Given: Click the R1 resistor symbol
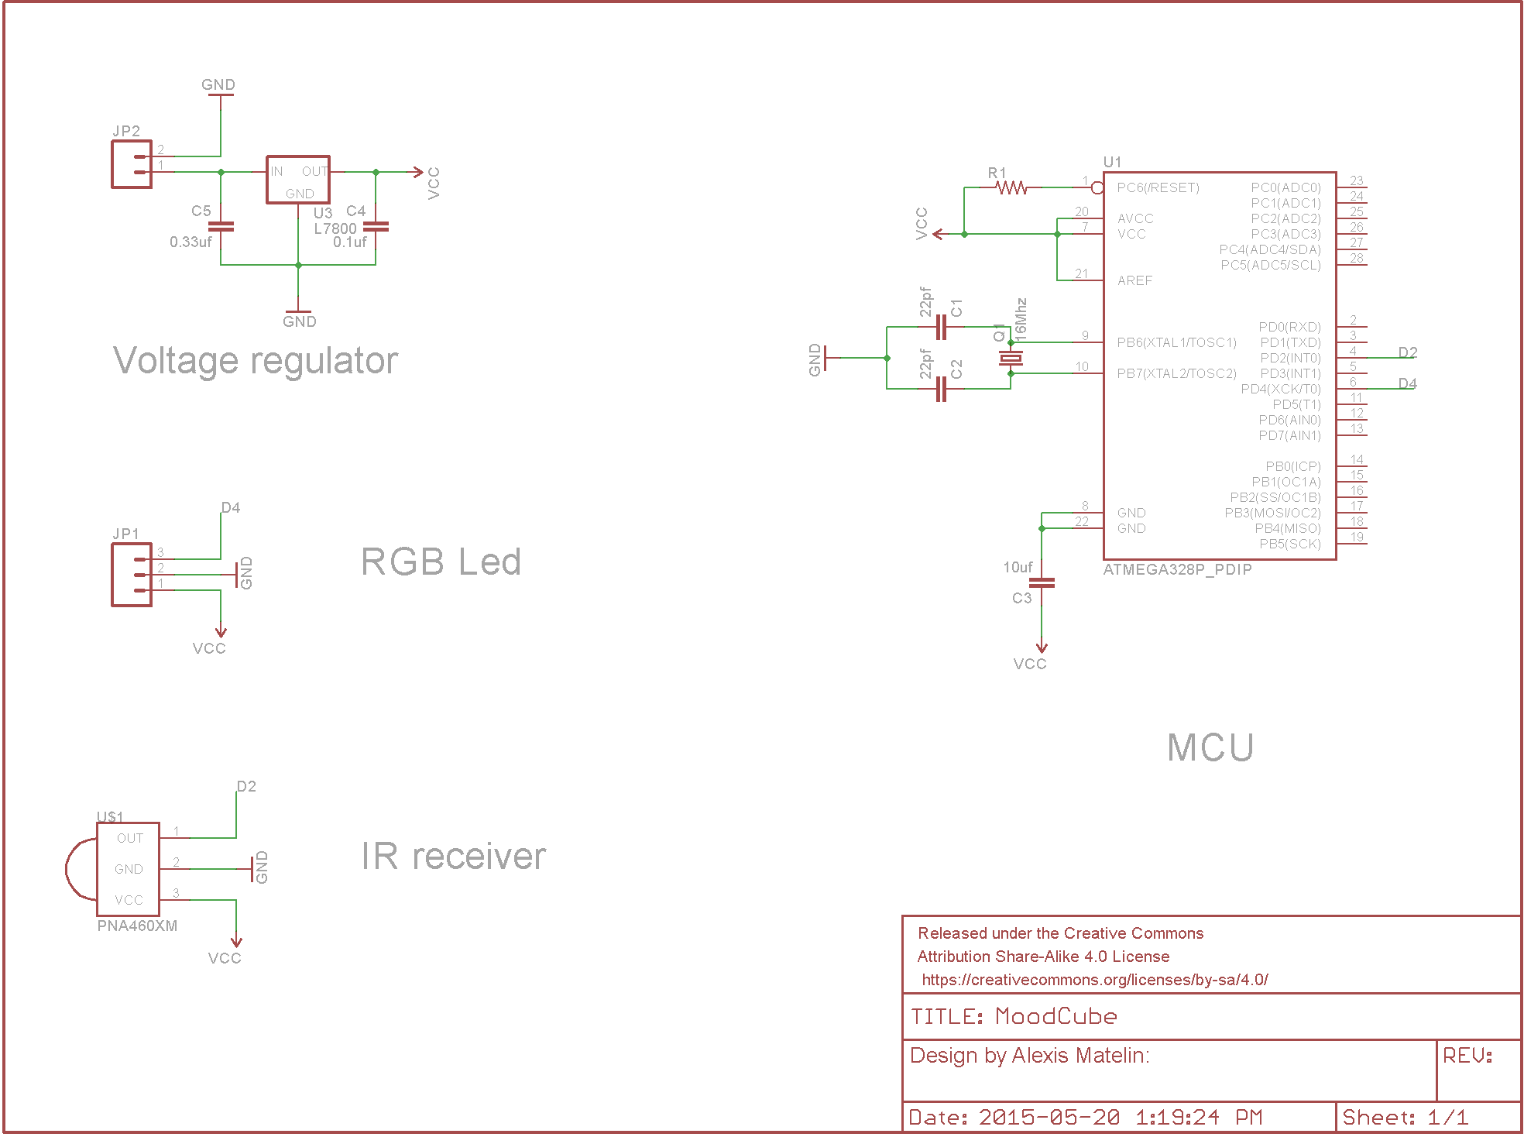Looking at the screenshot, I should pyautogui.click(x=1011, y=187).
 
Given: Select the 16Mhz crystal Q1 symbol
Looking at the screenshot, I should pyautogui.click(x=1011, y=358).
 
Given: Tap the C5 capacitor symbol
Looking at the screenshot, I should pyautogui.click(x=221, y=226).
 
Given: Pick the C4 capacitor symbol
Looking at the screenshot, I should pyautogui.click(x=376, y=226).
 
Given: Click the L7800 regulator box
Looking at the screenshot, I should pyautogui.click(x=298, y=180).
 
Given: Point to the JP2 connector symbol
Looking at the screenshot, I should pyautogui.click(x=132, y=164).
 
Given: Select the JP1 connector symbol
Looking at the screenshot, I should pyautogui.click(x=132, y=575).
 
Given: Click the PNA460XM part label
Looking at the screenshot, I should pyautogui.click(x=137, y=926).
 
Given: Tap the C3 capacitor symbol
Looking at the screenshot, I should pyautogui.click(x=1042, y=582).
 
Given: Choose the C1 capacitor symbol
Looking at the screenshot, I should pyautogui.click(x=941, y=327).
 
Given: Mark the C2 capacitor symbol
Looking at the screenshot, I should pyautogui.click(x=941, y=389).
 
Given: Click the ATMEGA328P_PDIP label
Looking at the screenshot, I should pyautogui.click(x=1177, y=570).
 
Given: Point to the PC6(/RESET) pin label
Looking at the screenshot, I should pyautogui.click(x=1158, y=187).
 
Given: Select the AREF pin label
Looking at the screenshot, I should pyautogui.click(x=1134, y=280).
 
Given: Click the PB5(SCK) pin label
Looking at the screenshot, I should pyautogui.click(x=1289, y=544).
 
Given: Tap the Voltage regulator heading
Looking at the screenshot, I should pyautogui.click(x=256, y=361).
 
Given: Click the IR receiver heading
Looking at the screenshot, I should pyautogui.click(x=453, y=857).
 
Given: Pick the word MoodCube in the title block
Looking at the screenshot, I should pyautogui.click(x=1055, y=1016).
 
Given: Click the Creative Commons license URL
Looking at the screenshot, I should pyautogui.click(x=1094, y=980).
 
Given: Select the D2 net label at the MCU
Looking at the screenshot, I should pyautogui.click(x=1407, y=352).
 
